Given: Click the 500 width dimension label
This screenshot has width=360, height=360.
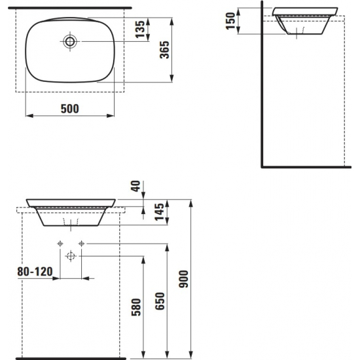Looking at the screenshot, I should pyautogui.click(x=68, y=109).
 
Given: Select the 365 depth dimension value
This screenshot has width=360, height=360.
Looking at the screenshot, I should pyautogui.click(x=166, y=49).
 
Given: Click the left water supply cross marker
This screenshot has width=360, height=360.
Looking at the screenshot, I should pyautogui.click(x=60, y=243).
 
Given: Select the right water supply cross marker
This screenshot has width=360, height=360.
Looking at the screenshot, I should pyautogui.click(x=81, y=243).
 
